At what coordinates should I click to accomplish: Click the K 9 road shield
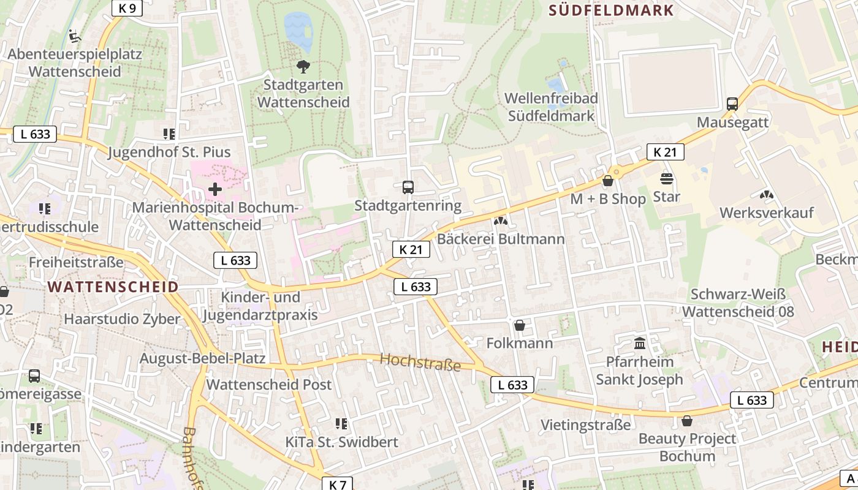tap(127, 7)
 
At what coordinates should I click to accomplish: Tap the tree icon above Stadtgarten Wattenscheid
tap(303, 66)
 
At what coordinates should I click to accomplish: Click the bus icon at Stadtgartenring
tap(408, 187)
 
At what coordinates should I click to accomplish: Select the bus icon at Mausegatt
tap(732, 104)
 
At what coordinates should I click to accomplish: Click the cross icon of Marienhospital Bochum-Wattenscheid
tap(215, 189)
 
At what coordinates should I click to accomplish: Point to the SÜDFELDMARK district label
tap(611, 10)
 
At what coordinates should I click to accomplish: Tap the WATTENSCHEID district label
tap(113, 287)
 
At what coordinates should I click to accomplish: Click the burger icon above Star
tap(667, 179)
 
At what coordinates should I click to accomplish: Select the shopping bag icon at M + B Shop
tap(608, 181)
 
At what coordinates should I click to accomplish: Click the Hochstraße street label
tap(420, 362)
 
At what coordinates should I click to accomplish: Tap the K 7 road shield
tap(337, 484)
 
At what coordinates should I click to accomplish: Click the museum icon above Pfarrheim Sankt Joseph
tap(640, 343)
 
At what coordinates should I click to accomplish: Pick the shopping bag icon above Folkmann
tap(520, 325)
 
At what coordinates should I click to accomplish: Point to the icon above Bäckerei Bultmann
tap(501, 221)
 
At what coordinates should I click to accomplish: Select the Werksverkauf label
tap(766, 213)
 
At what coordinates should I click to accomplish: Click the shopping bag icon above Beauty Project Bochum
tap(687, 421)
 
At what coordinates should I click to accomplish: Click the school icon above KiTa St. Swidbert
tap(341, 423)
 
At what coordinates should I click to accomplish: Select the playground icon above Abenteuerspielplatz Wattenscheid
tap(74, 36)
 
